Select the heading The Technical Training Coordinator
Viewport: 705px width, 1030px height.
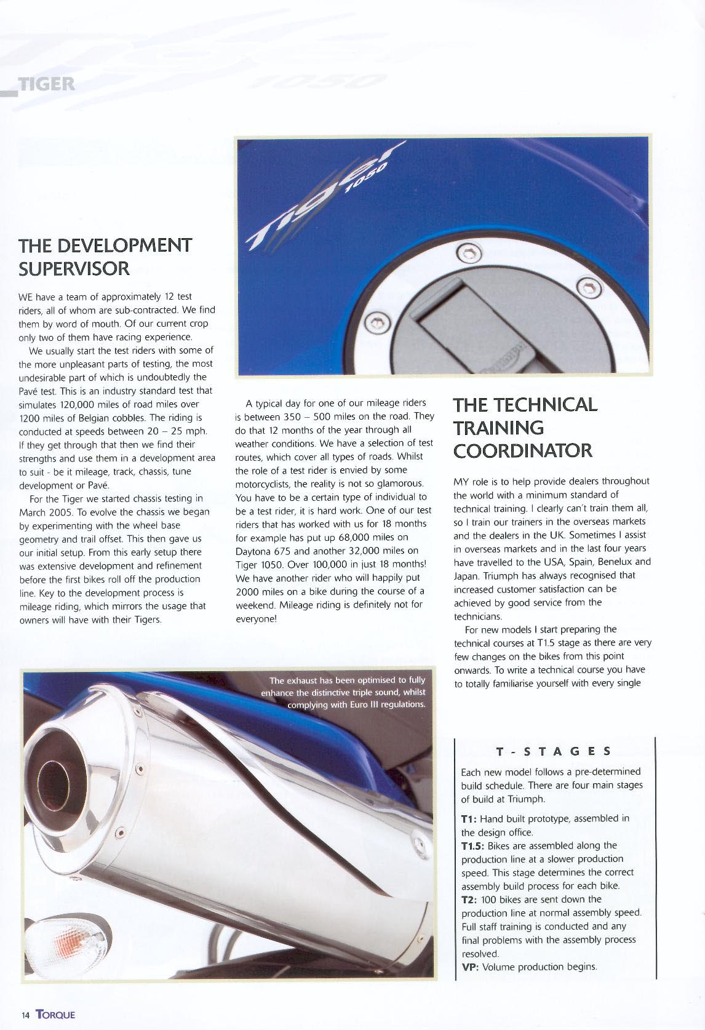(x=525, y=427)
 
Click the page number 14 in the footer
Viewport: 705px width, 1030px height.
(x=25, y=1015)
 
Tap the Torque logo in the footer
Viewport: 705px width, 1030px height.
(x=55, y=1014)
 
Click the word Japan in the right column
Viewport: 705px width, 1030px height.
(x=468, y=575)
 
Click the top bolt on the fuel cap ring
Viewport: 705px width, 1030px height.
(x=469, y=252)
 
